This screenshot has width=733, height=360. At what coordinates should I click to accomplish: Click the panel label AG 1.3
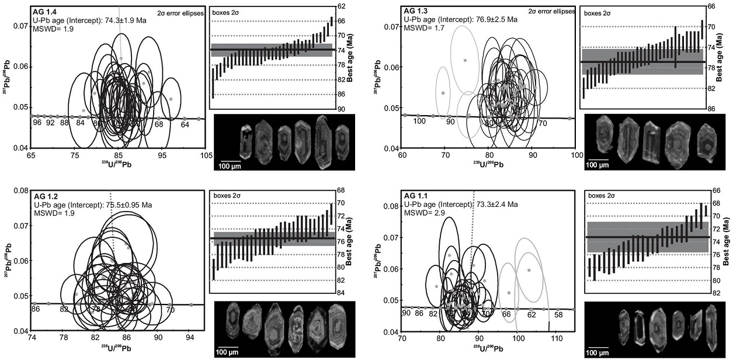[x=415, y=11]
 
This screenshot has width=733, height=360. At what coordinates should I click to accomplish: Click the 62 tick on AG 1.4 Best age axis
[x=341, y=6]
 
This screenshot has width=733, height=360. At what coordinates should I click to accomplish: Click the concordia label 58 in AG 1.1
[x=558, y=314]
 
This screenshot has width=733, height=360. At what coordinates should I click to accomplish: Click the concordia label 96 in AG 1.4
[x=37, y=123]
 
